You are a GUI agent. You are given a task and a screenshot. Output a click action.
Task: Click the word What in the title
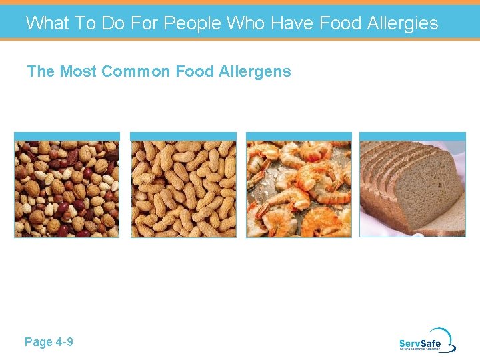(x=47, y=23)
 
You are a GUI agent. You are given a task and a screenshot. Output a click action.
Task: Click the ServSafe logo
(x=427, y=341)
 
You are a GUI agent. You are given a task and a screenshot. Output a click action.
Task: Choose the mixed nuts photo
(x=67, y=188)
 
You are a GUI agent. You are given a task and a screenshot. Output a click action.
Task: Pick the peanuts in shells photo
(x=183, y=188)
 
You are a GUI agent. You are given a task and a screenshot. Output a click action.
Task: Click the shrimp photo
(x=299, y=188)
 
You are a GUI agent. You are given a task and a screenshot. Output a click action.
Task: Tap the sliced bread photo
(x=413, y=188)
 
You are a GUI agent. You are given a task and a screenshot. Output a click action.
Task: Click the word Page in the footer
(x=38, y=342)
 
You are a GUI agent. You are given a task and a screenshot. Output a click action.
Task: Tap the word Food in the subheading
(x=197, y=71)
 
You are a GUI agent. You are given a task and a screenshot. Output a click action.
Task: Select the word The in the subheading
(x=41, y=71)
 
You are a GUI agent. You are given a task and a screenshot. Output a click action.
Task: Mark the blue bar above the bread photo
(x=413, y=135)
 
